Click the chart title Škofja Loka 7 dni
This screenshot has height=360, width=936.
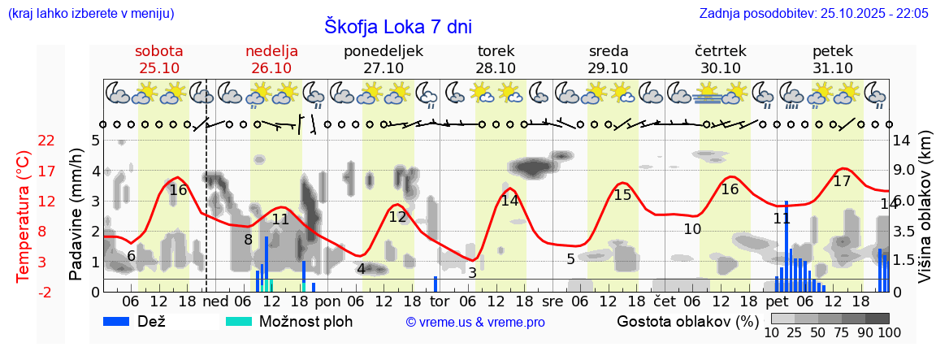coord(397,26)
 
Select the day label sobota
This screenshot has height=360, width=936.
coord(159,51)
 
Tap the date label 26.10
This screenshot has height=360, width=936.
coord(271,68)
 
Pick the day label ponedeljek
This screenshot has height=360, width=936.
coord(383,51)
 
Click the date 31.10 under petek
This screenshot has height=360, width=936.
coord(833,68)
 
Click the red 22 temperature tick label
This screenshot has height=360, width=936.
coord(47,141)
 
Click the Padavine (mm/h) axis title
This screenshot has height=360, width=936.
coord(76,215)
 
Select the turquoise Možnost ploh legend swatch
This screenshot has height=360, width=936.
coord(241,321)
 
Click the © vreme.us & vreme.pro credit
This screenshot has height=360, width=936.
coord(475,322)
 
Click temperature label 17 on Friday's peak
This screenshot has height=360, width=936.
coord(842,181)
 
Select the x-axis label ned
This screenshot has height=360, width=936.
coord(215,300)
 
